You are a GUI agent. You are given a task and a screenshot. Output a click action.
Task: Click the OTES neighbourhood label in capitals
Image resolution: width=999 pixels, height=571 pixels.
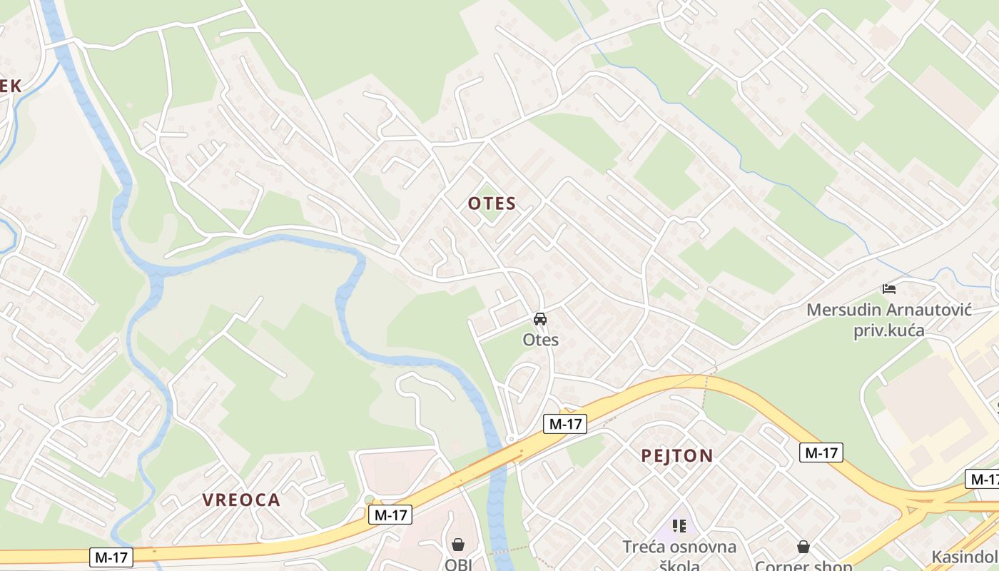[x=492, y=203]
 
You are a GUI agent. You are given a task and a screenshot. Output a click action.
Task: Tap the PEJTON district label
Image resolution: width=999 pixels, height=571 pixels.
[x=676, y=455]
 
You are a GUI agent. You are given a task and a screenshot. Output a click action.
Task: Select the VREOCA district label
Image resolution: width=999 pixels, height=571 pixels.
[x=241, y=500]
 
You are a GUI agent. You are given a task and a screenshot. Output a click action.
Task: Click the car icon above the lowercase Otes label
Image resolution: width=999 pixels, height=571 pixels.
[x=540, y=319]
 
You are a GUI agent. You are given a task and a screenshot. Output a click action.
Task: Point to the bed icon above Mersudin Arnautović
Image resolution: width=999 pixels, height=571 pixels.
[x=889, y=289]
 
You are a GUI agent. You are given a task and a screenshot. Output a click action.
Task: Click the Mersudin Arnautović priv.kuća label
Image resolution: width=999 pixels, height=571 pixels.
[x=889, y=320]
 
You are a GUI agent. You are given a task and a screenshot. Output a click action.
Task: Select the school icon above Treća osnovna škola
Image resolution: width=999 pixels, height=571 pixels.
[x=679, y=527]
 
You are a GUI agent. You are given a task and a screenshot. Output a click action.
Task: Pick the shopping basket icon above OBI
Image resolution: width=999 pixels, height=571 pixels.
[x=458, y=545]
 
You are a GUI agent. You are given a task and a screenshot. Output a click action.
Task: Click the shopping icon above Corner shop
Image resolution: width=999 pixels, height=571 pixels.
[x=803, y=547]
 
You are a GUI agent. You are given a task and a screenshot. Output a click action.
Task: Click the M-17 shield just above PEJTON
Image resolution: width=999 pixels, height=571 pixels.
[x=565, y=424]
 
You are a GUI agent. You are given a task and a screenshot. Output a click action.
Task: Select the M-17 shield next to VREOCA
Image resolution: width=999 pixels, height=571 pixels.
[x=390, y=514]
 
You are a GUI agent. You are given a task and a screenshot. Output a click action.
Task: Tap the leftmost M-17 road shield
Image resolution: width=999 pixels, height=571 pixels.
[x=111, y=557]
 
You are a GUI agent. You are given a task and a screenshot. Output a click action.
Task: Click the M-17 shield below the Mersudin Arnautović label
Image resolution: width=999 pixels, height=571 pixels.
[x=821, y=452]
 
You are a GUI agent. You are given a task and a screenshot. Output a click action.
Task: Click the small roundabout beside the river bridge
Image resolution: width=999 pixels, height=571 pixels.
[x=510, y=438]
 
